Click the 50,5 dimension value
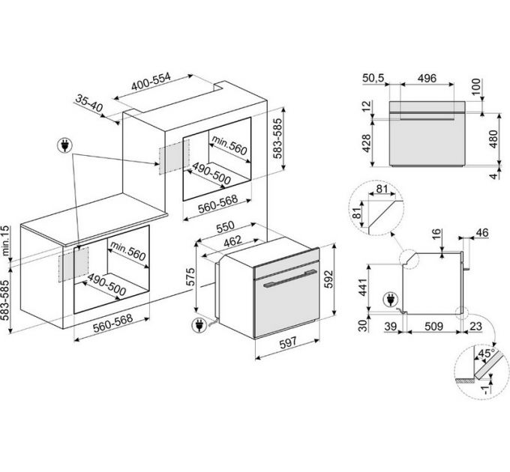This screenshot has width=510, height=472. click(x=374, y=79)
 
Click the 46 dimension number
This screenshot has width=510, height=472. click(x=481, y=233)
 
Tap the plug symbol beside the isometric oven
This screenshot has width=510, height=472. click(x=200, y=326)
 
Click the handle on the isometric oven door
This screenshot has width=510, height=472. click(x=283, y=284)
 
